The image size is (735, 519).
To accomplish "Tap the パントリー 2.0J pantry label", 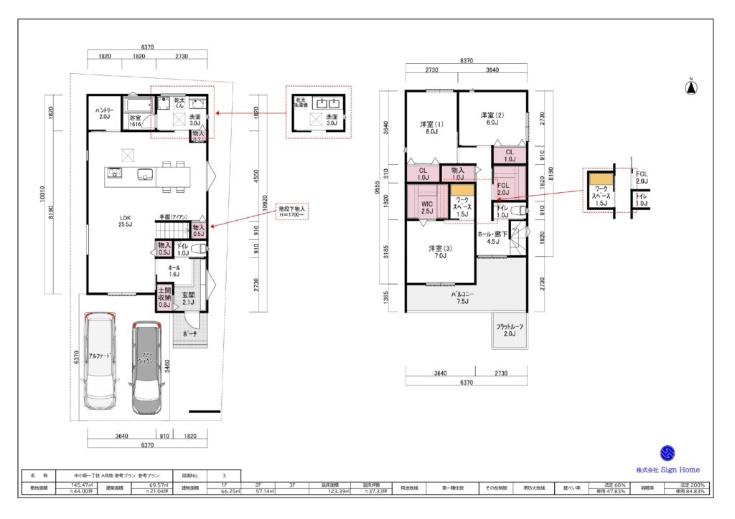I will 103,113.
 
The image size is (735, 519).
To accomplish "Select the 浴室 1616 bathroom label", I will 136,121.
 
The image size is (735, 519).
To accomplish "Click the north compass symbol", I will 690,88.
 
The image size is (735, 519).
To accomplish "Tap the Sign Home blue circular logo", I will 668,453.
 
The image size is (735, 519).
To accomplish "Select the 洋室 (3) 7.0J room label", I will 437,252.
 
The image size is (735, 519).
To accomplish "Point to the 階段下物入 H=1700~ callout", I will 291,211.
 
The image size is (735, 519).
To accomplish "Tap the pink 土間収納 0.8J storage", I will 164,297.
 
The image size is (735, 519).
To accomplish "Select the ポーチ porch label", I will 189,334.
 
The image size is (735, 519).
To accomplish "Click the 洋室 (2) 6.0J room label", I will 492,119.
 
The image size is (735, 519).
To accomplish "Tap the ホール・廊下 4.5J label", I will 492,238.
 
